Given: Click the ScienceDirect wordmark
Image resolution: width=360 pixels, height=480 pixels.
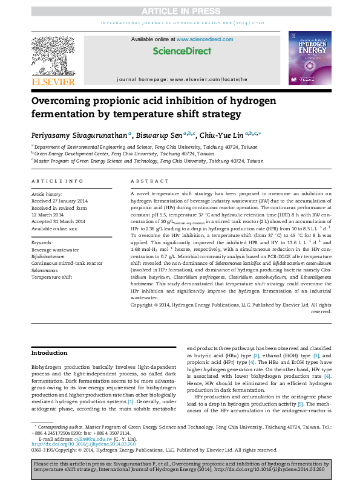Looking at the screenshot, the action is tap(180, 52).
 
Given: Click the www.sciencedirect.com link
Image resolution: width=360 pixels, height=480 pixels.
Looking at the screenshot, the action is tap(200, 39).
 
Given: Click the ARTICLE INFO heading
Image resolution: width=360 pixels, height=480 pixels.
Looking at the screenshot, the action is tap(57, 181).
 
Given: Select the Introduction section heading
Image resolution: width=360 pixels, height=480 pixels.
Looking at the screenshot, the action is tap(49, 352).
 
